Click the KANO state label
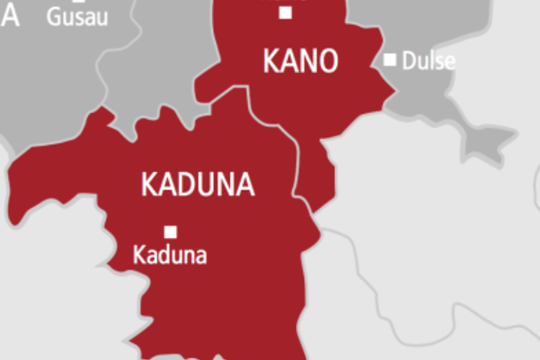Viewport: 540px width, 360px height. (300, 61)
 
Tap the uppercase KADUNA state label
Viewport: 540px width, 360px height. (197, 185)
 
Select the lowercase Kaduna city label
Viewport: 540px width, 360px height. (170, 255)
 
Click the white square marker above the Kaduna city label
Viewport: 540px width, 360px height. (171, 232)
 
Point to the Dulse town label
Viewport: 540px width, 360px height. (428, 61)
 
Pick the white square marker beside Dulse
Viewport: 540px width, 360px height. (390, 59)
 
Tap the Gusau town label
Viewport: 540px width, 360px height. (77, 17)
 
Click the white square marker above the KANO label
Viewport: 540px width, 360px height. (286, 12)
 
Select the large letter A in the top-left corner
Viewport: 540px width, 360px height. (10, 16)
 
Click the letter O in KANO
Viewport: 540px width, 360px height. (328, 61)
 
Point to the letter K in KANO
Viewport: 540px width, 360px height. (271, 61)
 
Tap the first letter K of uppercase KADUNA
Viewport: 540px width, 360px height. (149, 185)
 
